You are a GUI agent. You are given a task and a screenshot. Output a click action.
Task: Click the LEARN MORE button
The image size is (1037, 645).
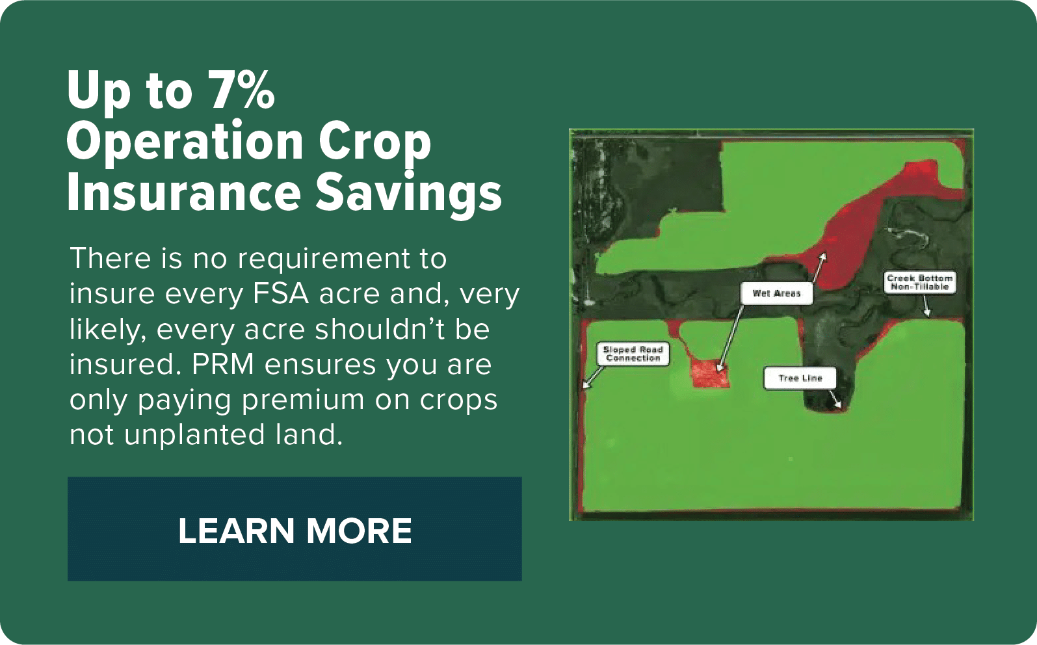(295, 529)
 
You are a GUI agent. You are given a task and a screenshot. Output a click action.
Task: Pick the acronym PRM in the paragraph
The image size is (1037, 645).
(222, 364)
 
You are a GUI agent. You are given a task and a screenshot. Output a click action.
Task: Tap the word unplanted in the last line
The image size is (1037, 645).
(194, 436)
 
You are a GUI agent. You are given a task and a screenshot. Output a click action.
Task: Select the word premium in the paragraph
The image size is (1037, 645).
(303, 400)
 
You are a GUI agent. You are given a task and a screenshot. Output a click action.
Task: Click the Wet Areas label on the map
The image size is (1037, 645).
(776, 293)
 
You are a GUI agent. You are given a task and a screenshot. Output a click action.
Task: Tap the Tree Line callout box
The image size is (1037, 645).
(800, 378)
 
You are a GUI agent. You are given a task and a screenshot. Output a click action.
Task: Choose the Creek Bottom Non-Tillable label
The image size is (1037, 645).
(920, 282)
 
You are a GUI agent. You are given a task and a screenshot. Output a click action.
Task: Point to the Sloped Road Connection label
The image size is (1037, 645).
(633, 354)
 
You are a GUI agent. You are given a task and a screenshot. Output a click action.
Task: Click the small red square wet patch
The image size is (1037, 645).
(710, 374)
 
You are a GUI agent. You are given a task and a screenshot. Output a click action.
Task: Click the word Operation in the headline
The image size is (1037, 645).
(185, 142)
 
